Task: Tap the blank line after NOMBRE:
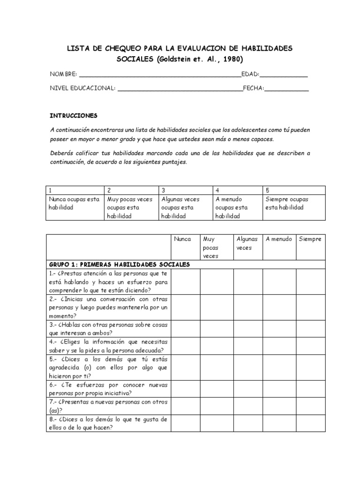point(160,75)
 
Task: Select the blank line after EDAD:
point(284,75)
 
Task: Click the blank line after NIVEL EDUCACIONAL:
point(180,88)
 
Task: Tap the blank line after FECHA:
point(287,88)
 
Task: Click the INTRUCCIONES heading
point(74,115)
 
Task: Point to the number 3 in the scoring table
point(164,190)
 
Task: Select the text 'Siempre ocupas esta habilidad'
point(287,203)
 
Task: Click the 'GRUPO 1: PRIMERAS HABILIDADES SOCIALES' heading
point(120,264)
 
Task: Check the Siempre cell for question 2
point(310,307)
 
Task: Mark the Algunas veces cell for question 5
point(247,367)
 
